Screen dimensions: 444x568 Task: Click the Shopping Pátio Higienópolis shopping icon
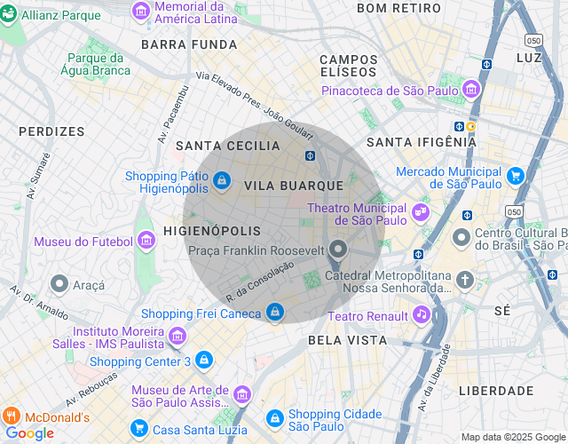pos(221,181)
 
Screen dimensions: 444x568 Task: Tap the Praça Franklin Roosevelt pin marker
pos(337,250)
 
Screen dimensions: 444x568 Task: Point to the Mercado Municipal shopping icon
pos(516,177)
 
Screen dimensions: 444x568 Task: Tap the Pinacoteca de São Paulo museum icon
pos(471,90)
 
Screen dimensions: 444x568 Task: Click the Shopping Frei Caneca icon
pos(275,313)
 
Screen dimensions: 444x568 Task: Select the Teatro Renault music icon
pos(421,315)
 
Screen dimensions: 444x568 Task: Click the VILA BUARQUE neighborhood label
pos(293,186)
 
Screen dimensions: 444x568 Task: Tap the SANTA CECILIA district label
pos(227,146)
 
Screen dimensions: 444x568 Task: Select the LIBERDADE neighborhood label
pos(496,391)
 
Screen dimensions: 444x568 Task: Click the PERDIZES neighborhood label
pos(51,131)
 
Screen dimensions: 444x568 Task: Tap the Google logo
pos(29,433)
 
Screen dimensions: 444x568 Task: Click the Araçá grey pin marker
pos(59,284)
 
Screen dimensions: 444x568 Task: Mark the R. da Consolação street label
pos(259,281)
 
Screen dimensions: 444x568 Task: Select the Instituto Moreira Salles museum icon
pos(176,336)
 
